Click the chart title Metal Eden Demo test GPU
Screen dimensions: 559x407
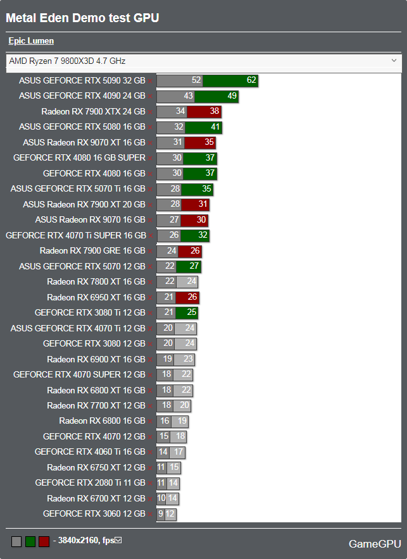coord(82,18)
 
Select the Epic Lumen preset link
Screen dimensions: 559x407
coord(31,41)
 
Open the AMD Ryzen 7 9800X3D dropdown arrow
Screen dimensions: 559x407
coord(394,61)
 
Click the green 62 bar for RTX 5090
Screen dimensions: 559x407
coord(231,80)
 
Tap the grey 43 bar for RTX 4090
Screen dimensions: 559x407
coord(175,96)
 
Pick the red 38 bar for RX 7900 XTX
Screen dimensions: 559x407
coord(204,111)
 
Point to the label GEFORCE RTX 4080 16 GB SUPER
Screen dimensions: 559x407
coord(79,158)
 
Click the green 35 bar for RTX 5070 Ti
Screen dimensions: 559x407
coord(198,189)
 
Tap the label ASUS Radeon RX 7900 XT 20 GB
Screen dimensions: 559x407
coord(84,204)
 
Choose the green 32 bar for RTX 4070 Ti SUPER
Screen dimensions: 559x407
coord(195,235)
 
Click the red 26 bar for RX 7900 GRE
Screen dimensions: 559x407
coord(190,251)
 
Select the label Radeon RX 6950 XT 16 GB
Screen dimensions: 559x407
coord(96,297)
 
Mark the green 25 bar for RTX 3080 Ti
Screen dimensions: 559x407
coord(188,312)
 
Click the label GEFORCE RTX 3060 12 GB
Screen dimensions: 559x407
coord(94,514)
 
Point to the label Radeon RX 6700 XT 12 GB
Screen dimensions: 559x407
coord(96,498)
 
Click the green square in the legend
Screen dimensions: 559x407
coord(30,541)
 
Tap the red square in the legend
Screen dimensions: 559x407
coord(44,541)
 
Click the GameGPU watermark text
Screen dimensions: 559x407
coord(375,544)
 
